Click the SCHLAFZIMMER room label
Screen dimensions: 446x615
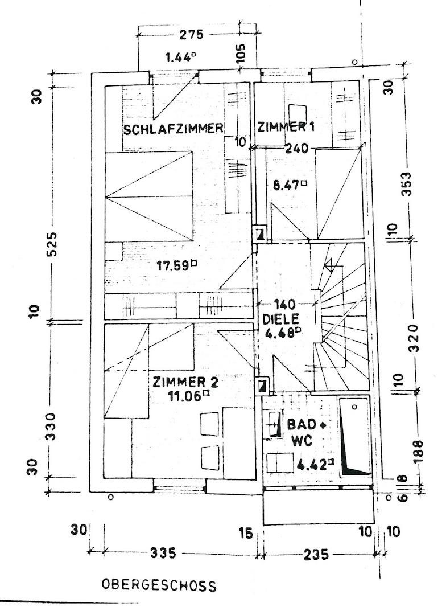[x=174, y=129]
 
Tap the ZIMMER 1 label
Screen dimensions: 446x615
[x=286, y=126]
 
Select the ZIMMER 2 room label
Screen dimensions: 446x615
[x=185, y=382]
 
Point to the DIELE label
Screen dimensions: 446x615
[x=281, y=318]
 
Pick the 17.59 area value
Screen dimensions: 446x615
[x=177, y=266]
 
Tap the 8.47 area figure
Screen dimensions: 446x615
[x=290, y=184]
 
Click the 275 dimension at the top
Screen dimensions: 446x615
[x=192, y=35]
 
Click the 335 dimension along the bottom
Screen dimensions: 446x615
[x=163, y=554]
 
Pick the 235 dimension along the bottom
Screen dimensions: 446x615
[x=316, y=555]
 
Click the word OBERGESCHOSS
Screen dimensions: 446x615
[x=159, y=585]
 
